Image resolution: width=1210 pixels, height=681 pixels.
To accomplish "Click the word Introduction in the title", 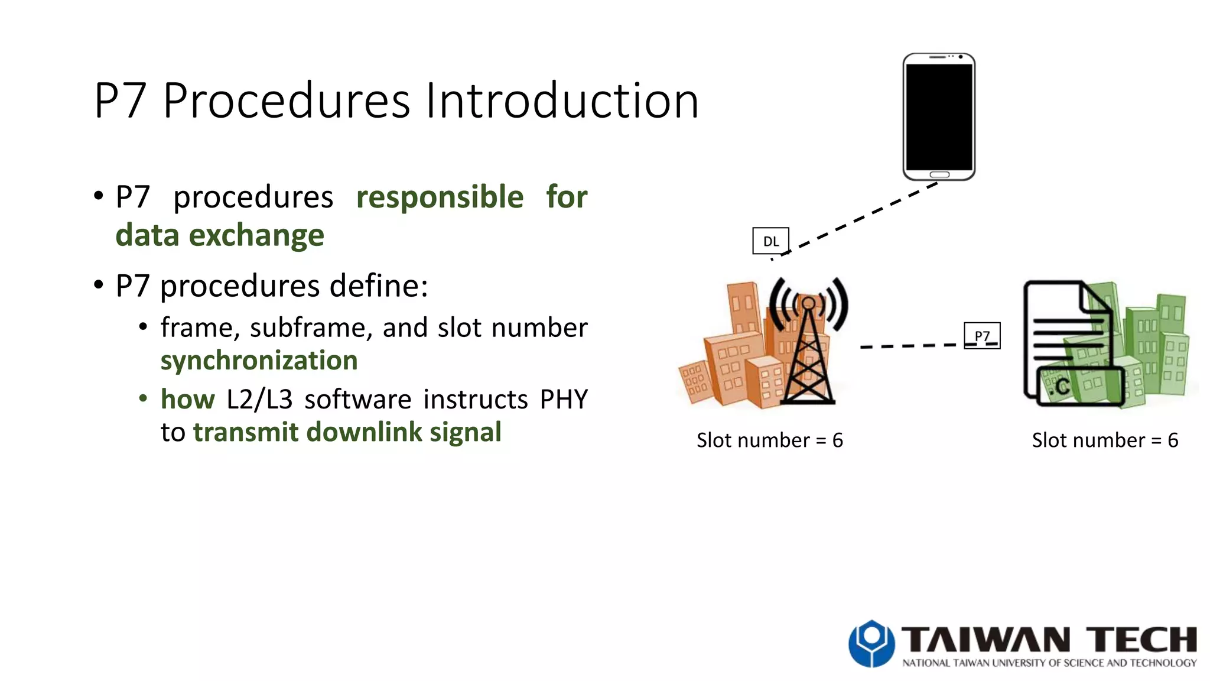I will pos(561,100).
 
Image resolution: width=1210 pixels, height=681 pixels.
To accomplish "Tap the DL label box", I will pos(770,241).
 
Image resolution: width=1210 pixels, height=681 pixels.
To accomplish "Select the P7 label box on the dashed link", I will pos(982,336).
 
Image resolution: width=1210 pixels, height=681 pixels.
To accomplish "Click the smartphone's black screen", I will pos(939,117).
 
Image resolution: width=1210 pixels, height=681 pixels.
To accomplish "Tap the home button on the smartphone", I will pos(939,175).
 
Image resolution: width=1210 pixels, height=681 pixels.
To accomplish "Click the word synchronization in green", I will pos(259,361).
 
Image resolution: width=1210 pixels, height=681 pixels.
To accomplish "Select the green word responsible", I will pos(440,197).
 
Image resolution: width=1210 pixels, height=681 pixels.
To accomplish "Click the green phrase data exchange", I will pos(220,235).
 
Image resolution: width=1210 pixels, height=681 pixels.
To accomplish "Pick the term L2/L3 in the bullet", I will pos(259,400).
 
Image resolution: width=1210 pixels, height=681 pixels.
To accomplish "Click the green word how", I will pos(187,400).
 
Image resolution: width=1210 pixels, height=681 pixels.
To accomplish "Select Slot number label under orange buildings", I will pos(769,440).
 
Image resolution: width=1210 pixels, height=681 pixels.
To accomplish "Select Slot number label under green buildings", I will pos(1104,440).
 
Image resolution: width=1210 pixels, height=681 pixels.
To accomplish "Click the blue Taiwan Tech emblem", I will pos(871,643).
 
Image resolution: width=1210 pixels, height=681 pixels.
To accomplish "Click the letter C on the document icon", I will pos(1062,387).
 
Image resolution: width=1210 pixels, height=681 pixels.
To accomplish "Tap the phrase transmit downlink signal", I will pos(347,432).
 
